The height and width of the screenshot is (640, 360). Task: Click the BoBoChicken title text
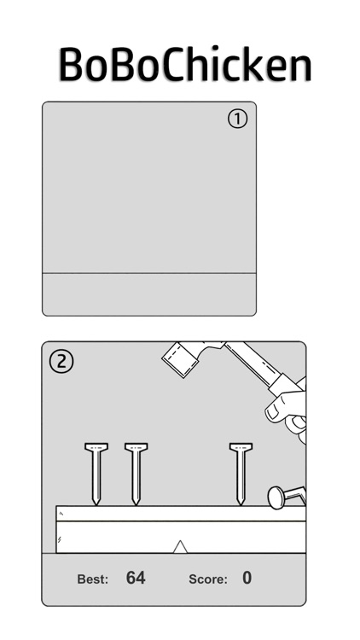point(185,64)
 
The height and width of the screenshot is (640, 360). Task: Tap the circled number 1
point(237,119)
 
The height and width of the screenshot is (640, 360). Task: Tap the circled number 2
point(61,362)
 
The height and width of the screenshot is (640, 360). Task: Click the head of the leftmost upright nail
point(96,447)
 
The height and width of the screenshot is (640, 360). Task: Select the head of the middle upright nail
point(136,447)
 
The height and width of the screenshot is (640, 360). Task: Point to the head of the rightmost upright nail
point(241,447)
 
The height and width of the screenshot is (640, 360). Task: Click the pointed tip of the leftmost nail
point(96,504)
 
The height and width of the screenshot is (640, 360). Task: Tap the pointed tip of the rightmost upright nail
point(241,504)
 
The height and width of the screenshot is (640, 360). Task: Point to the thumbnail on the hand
point(273,413)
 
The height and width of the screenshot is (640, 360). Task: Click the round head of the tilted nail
point(276,497)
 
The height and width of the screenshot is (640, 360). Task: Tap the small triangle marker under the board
point(180,547)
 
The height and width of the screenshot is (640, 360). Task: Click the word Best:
point(93,579)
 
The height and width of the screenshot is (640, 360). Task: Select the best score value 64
point(136,578)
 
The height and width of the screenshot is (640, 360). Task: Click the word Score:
point(208,579)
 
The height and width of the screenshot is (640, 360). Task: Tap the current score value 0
point(247,578)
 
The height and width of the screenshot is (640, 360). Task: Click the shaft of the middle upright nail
point(136,474)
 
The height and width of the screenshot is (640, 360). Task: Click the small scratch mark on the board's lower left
point(60,539)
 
